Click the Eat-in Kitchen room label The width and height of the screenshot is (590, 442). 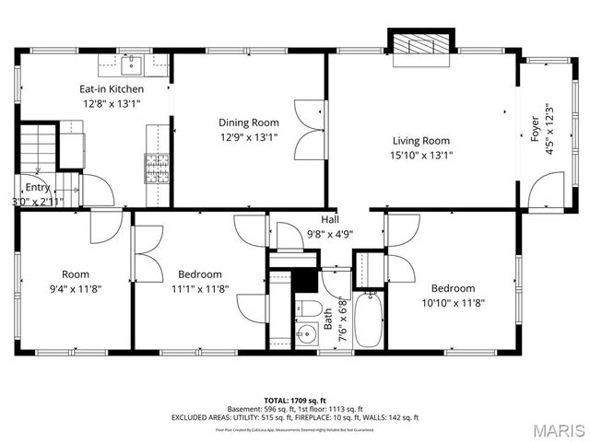coord(111,88)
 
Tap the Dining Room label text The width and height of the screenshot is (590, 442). coord(248,122)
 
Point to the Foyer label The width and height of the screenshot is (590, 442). coord(535,131)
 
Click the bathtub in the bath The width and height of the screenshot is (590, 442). coord(368,319)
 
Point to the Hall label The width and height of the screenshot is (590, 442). coord(329,219)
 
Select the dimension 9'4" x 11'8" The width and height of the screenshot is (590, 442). coord(76,288)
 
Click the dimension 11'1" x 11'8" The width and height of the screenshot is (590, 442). coord(200,288)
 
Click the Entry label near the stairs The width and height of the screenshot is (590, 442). coord(37,187)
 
